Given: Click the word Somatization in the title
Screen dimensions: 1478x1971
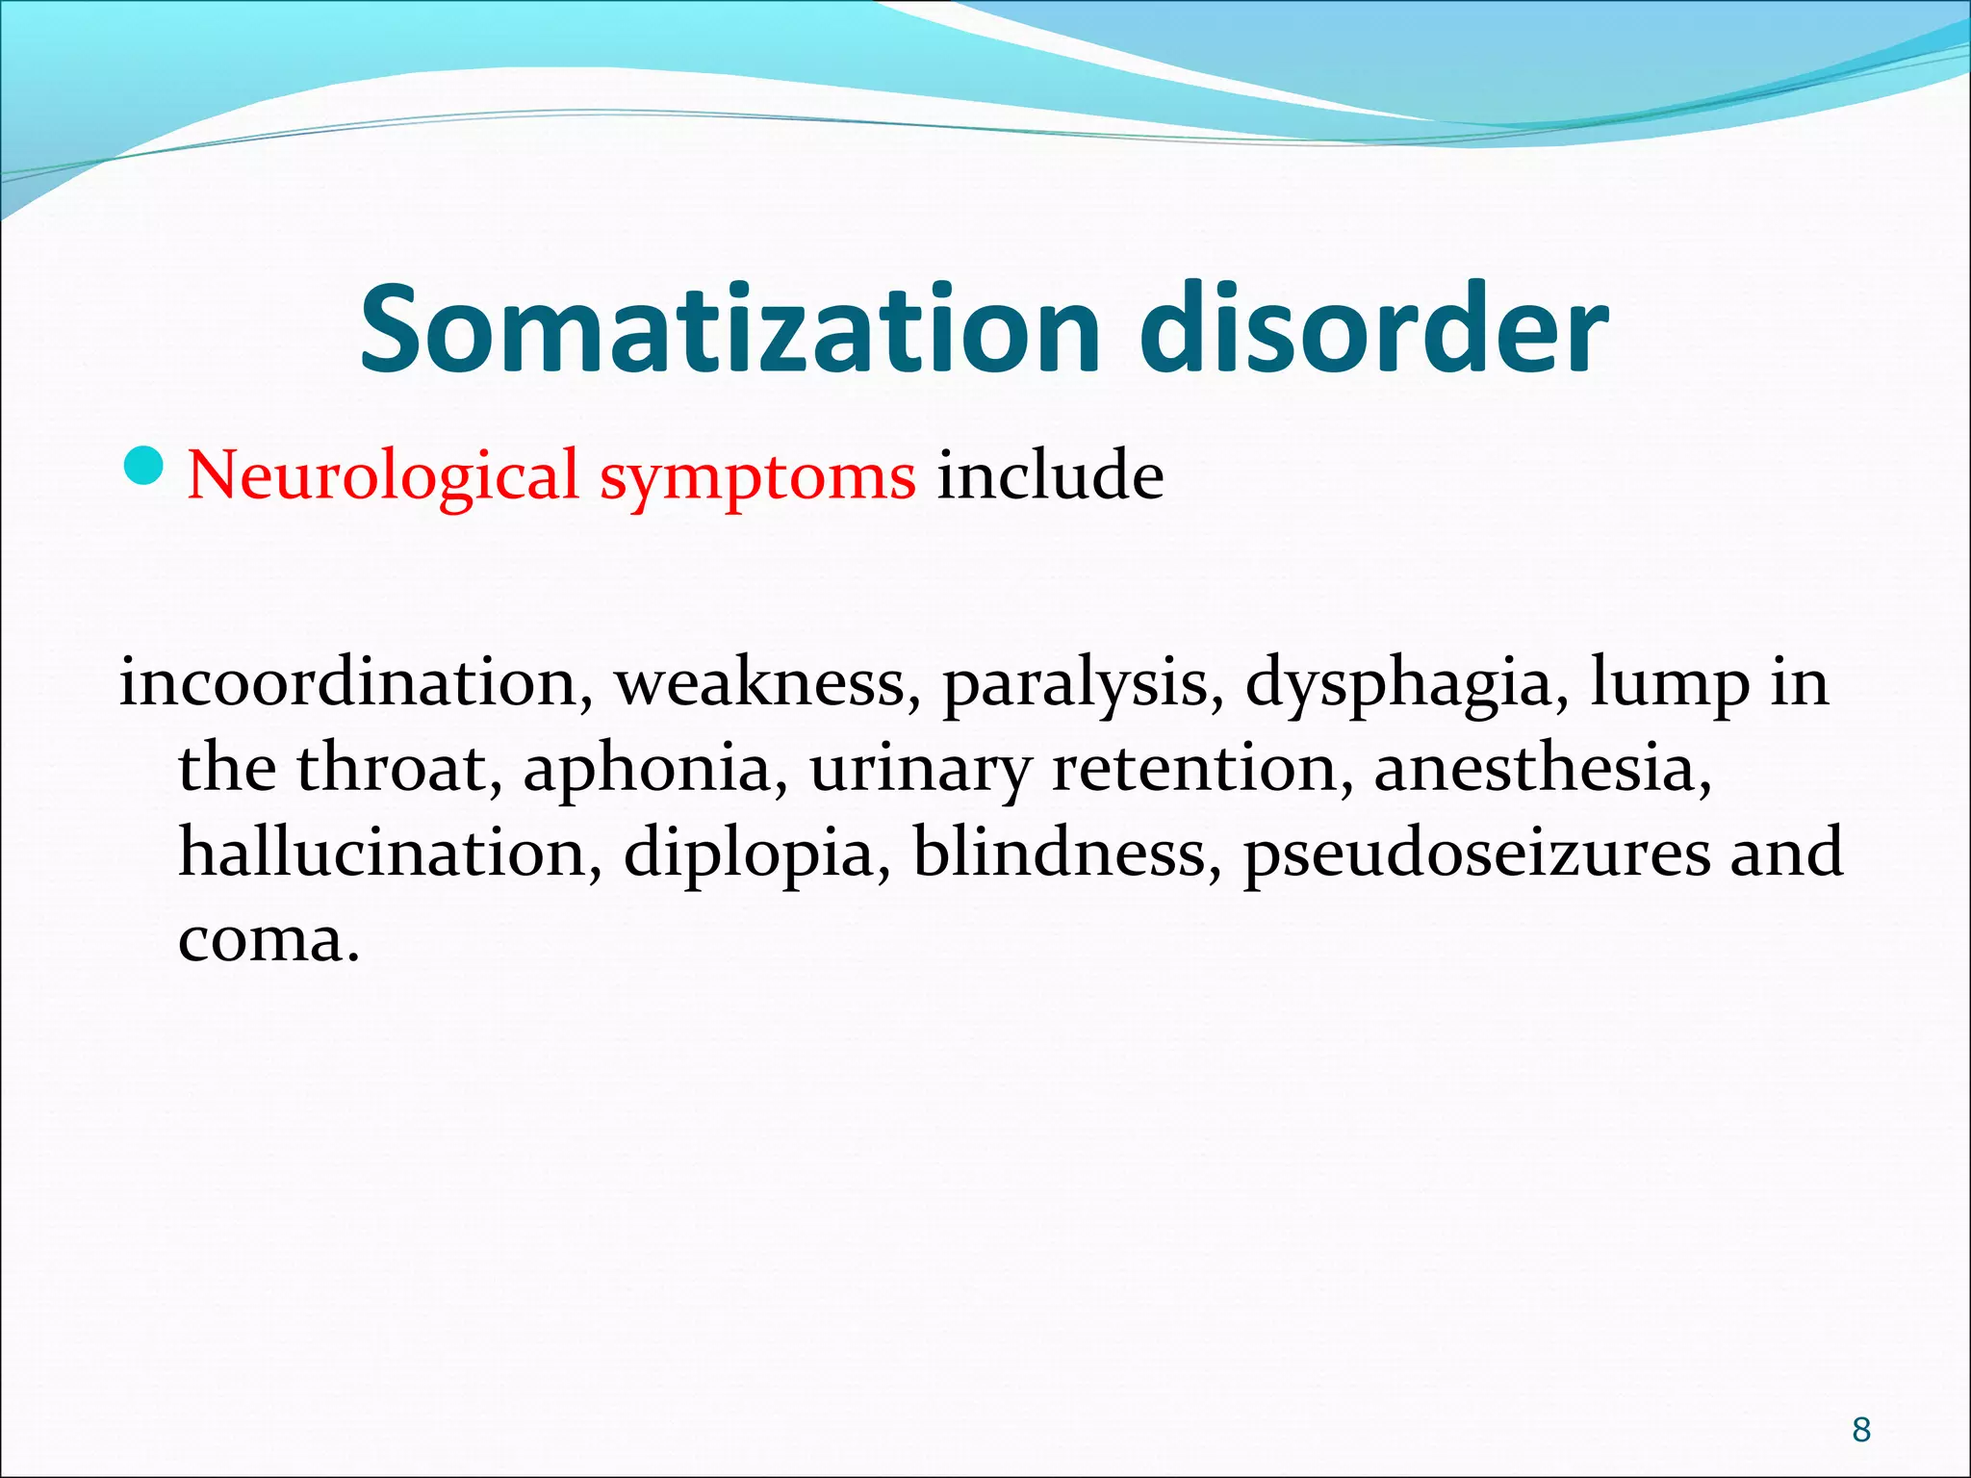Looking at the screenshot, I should click(x=730, y=329).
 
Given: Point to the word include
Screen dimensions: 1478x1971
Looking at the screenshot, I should click(x=1050, y=475).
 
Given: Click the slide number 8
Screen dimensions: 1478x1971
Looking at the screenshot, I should click(x=1861, y=1430).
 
